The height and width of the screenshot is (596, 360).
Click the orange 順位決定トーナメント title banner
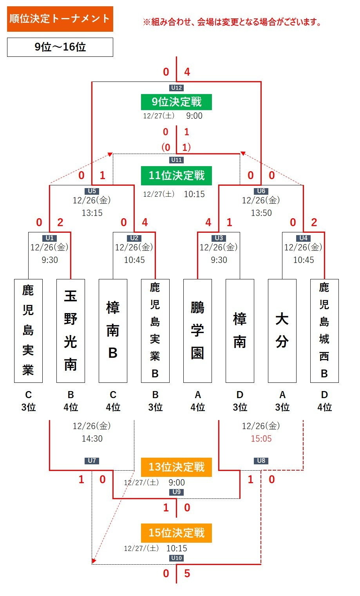pyautogui.click(x=60, y=19)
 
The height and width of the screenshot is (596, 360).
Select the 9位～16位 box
pyautogui.click(x=60, y=47)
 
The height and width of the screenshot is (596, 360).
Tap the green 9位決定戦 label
pyautogui.click(x=176, y=102)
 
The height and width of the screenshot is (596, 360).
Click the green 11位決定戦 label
pyautogui.click(x=176, y=175)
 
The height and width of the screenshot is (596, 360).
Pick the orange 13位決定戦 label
pyautogui.click(x=176, y=467)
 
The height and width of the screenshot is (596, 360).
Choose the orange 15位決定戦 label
pyautogui.click(x=176, y=533)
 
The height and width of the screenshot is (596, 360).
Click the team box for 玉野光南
pyautogui.click(x=71, y=331)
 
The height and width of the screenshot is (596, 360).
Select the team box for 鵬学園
pyautogui.click(x=197, y=331)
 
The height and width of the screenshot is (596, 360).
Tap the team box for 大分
pyautogui.click(x=282, y=331)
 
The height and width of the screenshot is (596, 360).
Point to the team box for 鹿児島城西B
pyautogui.click(x=324, y=331)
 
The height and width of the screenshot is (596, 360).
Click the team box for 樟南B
pyautogui.click(x=113, y=331)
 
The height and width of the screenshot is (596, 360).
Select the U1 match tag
pyautogui.click(x=49, y=238)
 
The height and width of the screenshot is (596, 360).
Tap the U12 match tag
pyautogui.click(x=176, y=88)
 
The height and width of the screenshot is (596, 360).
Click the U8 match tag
pyautogui.click(x=261, y=460)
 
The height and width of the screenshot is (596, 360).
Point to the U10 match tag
pyautogui.click(x=176, y=558)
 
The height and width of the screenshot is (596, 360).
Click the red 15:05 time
pyautogui.click(x=261, y=438)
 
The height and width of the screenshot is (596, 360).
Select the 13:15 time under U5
pyautogui.click(x=92, y=213)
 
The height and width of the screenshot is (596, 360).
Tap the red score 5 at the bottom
pyautogui.click(x=187, y=573)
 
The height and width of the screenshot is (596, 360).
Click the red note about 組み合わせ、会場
pyautogui.click(x=232, y=22)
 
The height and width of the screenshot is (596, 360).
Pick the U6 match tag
pyautogui.click(x=261, y=191)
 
